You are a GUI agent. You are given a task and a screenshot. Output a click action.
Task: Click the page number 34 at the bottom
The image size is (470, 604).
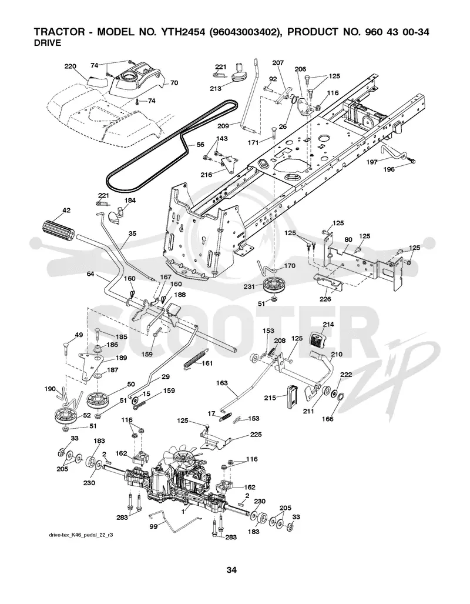[x=231, y=570]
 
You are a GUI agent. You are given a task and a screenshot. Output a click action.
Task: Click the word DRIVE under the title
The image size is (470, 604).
[x=48, y=43]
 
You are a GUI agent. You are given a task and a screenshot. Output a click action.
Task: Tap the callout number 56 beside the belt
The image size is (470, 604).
[x=200, y=145]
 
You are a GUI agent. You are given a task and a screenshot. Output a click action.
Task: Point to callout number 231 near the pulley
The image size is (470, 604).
[x=250, y=286]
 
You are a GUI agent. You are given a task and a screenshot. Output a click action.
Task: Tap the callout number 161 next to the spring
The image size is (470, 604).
[x=207, y=363]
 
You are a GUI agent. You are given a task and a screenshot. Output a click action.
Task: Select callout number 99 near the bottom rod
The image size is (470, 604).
[x=153, y=526]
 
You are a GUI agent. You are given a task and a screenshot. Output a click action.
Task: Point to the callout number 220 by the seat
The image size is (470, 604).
[x=70, y=66]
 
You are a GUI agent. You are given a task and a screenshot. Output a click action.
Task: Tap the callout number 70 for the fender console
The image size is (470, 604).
[x=174, y=82]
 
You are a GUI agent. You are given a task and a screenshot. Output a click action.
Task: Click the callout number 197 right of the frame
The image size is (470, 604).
[x=371, y=162]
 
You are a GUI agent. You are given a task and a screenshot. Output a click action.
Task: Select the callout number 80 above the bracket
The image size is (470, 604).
[x=348, y=239]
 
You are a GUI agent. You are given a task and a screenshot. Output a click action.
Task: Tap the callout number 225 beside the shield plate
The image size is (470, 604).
[x=256, y=434]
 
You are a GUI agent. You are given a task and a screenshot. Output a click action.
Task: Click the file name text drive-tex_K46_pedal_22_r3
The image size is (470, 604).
[x=81, y=536]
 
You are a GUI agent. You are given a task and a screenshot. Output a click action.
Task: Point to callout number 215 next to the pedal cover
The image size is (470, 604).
[x=270, y=397]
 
